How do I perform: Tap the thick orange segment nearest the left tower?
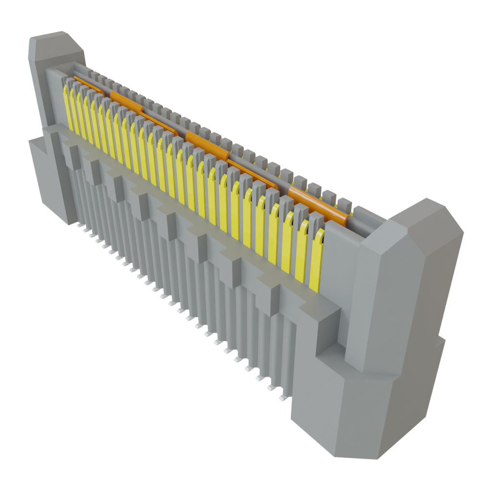[126, 100]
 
